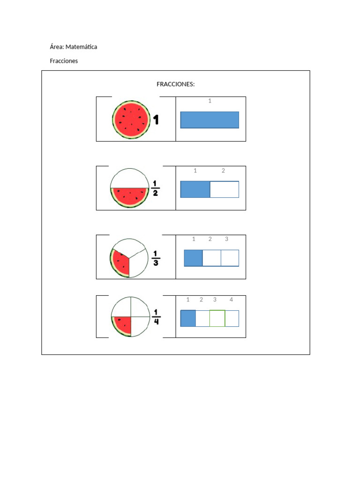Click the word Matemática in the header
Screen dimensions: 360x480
click(x=81, y=47)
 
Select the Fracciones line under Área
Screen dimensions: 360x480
click(x=64, y=61)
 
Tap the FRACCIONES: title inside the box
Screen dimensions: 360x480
click(x=175, y=84)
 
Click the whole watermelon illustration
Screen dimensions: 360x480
click(x=131, y=120)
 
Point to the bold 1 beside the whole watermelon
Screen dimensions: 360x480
click(x=156, y=120)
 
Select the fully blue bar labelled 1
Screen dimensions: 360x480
click(x=210, y=120)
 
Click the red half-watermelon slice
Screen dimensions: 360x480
click(x=129, y=197)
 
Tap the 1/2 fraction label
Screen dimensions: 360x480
click(x=155, y=188)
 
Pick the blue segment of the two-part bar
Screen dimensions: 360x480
click(x=195, y=189)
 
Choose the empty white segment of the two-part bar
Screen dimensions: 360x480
click(x=225, y=189)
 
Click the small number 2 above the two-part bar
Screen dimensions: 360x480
click(x=223, y=171)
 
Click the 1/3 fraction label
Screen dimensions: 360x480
click(x=156, y=258)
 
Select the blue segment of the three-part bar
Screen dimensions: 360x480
click(x=193, y=258)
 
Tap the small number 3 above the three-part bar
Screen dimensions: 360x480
click(x=226, y=239)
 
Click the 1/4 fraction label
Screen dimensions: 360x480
click(x=156, y=316)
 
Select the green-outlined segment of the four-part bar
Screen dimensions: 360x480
click(x=217, y=318)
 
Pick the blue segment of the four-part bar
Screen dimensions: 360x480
click(x=188, y=318)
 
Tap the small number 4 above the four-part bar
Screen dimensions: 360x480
click(x=231, y=300)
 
